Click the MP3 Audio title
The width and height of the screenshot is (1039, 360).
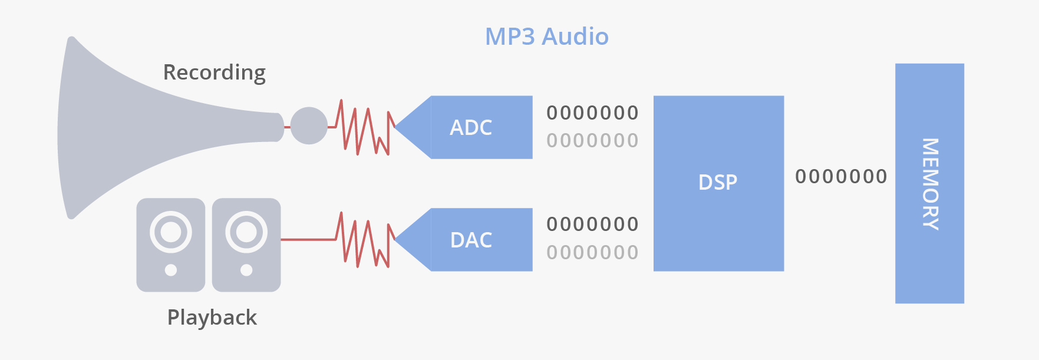(546, 37)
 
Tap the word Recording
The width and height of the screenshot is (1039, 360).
(214, 72)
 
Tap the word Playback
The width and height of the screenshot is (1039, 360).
(212, 318)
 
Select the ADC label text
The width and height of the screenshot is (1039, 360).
(470, 128)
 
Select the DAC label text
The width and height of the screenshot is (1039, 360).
(471, 240)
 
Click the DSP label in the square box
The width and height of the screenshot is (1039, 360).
(718, 183)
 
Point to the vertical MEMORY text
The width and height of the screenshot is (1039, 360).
(929, 184)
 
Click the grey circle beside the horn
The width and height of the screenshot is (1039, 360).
(309, 125)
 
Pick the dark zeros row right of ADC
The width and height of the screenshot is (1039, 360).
(592, 113)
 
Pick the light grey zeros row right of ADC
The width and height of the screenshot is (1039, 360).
(592, 141)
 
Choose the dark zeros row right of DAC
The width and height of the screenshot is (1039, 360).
(592, 224)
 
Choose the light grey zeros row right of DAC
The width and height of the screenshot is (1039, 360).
(592, 253)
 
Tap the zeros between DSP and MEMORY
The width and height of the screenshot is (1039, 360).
(841, 177)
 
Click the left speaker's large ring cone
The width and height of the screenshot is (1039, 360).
(171, 232)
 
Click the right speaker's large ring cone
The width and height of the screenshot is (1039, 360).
(246, 232)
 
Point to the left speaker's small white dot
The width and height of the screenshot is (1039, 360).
(171, 270)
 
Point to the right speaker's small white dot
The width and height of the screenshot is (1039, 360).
(246, 270)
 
